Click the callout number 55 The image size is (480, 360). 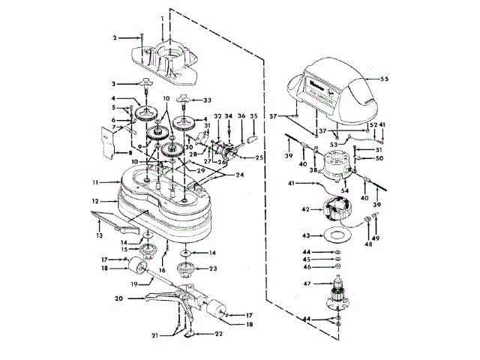pyautogui.click(x=385, y=78)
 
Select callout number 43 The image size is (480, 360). pyautogui.click(x=305, y=235)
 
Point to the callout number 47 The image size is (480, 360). pyautogui.click(x=305, y=285)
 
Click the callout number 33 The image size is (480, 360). pyautogui.click(x=207, y=99)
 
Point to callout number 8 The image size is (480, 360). pyautogui.click(x=104, y=152)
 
